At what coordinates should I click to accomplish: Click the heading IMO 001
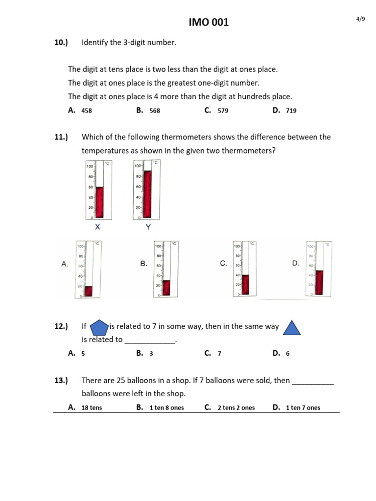[209, 23]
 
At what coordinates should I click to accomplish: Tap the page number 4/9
[360, 19]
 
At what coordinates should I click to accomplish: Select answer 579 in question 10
[223, 111]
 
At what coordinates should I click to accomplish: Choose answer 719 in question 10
[291, 111]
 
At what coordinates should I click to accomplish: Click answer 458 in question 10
[87, 111]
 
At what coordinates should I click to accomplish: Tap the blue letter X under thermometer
[97, 227]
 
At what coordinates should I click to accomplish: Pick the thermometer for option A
[88, 269]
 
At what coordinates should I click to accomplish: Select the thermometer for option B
[165, 269]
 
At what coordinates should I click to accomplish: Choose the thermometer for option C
[244, 269]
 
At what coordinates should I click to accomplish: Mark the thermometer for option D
[318, 269]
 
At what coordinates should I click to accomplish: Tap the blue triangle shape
[292, 327]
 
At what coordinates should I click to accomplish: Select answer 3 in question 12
[151, 354]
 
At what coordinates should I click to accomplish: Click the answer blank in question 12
[149, 340]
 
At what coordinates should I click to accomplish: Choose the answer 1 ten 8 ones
[166, 408]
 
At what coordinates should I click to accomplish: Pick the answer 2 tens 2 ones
[236, 408]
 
